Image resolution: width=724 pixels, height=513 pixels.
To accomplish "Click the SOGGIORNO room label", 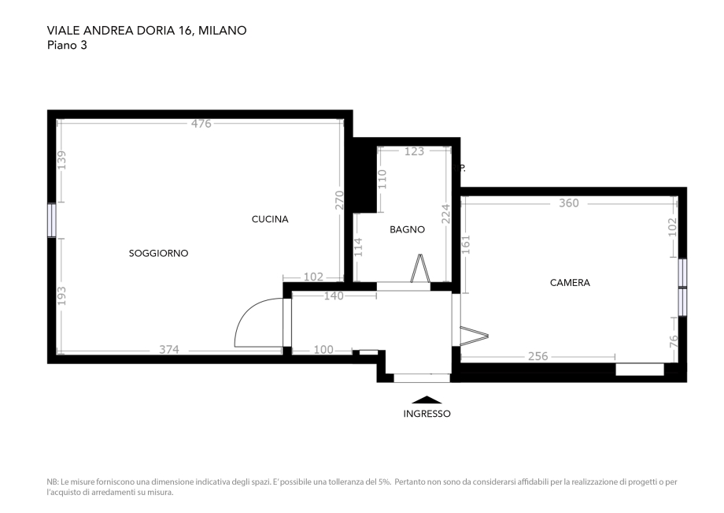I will point(158,253).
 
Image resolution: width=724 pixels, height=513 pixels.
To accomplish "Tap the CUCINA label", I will point(270,219).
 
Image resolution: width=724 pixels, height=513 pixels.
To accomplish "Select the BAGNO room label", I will point(408,229).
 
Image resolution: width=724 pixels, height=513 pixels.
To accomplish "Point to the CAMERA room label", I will point(570,282).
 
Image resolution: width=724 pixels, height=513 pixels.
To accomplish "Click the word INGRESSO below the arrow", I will point(427,414).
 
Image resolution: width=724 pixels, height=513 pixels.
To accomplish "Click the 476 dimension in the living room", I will point(201,123).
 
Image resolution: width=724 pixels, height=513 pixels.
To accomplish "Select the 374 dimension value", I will point(169,350).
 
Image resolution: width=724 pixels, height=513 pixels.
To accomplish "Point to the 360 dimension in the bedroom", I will point(568,203).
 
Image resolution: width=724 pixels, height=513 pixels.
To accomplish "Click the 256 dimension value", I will point(537,356).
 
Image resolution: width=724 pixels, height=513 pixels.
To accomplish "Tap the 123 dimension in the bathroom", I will point(414,151).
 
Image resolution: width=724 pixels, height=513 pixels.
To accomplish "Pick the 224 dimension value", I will point(445,214).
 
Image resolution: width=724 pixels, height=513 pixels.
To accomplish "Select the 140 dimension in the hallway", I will point(334,296).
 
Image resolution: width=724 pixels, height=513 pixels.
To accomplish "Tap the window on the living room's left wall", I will point(52,221).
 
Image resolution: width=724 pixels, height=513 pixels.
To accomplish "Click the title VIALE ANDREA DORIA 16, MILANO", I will point(147,31).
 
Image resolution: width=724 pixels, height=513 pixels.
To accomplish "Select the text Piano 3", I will point(67,45).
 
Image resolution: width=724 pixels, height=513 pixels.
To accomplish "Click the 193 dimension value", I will point(61,296).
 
